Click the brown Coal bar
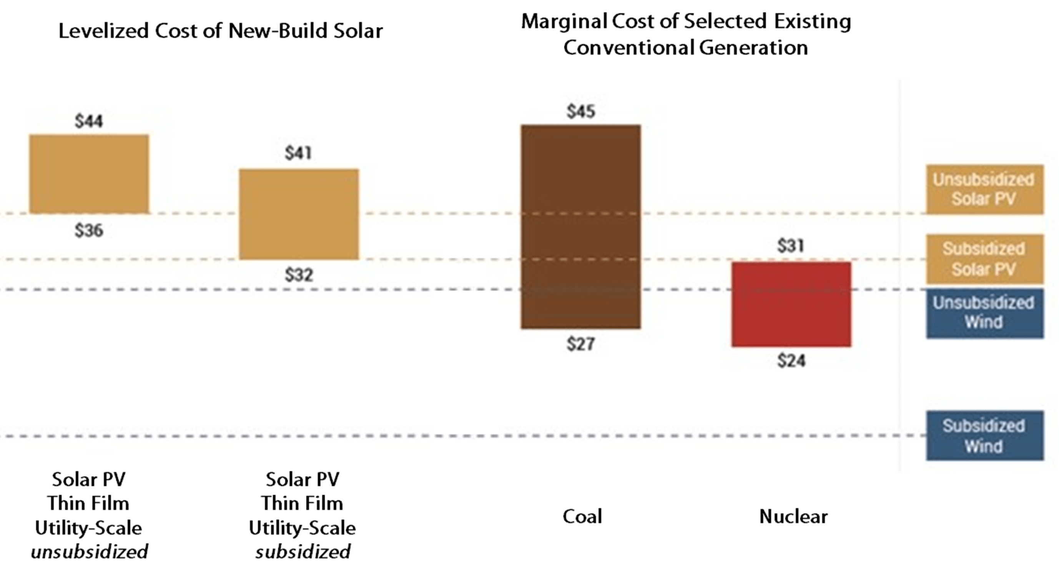580,227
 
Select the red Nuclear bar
791,304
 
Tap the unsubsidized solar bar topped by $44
89,173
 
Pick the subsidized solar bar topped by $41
299,214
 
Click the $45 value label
580,112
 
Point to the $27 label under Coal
580,344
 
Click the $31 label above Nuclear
791,246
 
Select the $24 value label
791,361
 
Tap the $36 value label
89,231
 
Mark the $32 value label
299,275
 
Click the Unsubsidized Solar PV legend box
984,190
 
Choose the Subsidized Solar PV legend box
984,259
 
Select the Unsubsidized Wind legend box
984,313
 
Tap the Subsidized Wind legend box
984,435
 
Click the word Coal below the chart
582,516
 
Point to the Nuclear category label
793,516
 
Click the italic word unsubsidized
89,552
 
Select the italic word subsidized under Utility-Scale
303,552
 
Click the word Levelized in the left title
104,31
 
